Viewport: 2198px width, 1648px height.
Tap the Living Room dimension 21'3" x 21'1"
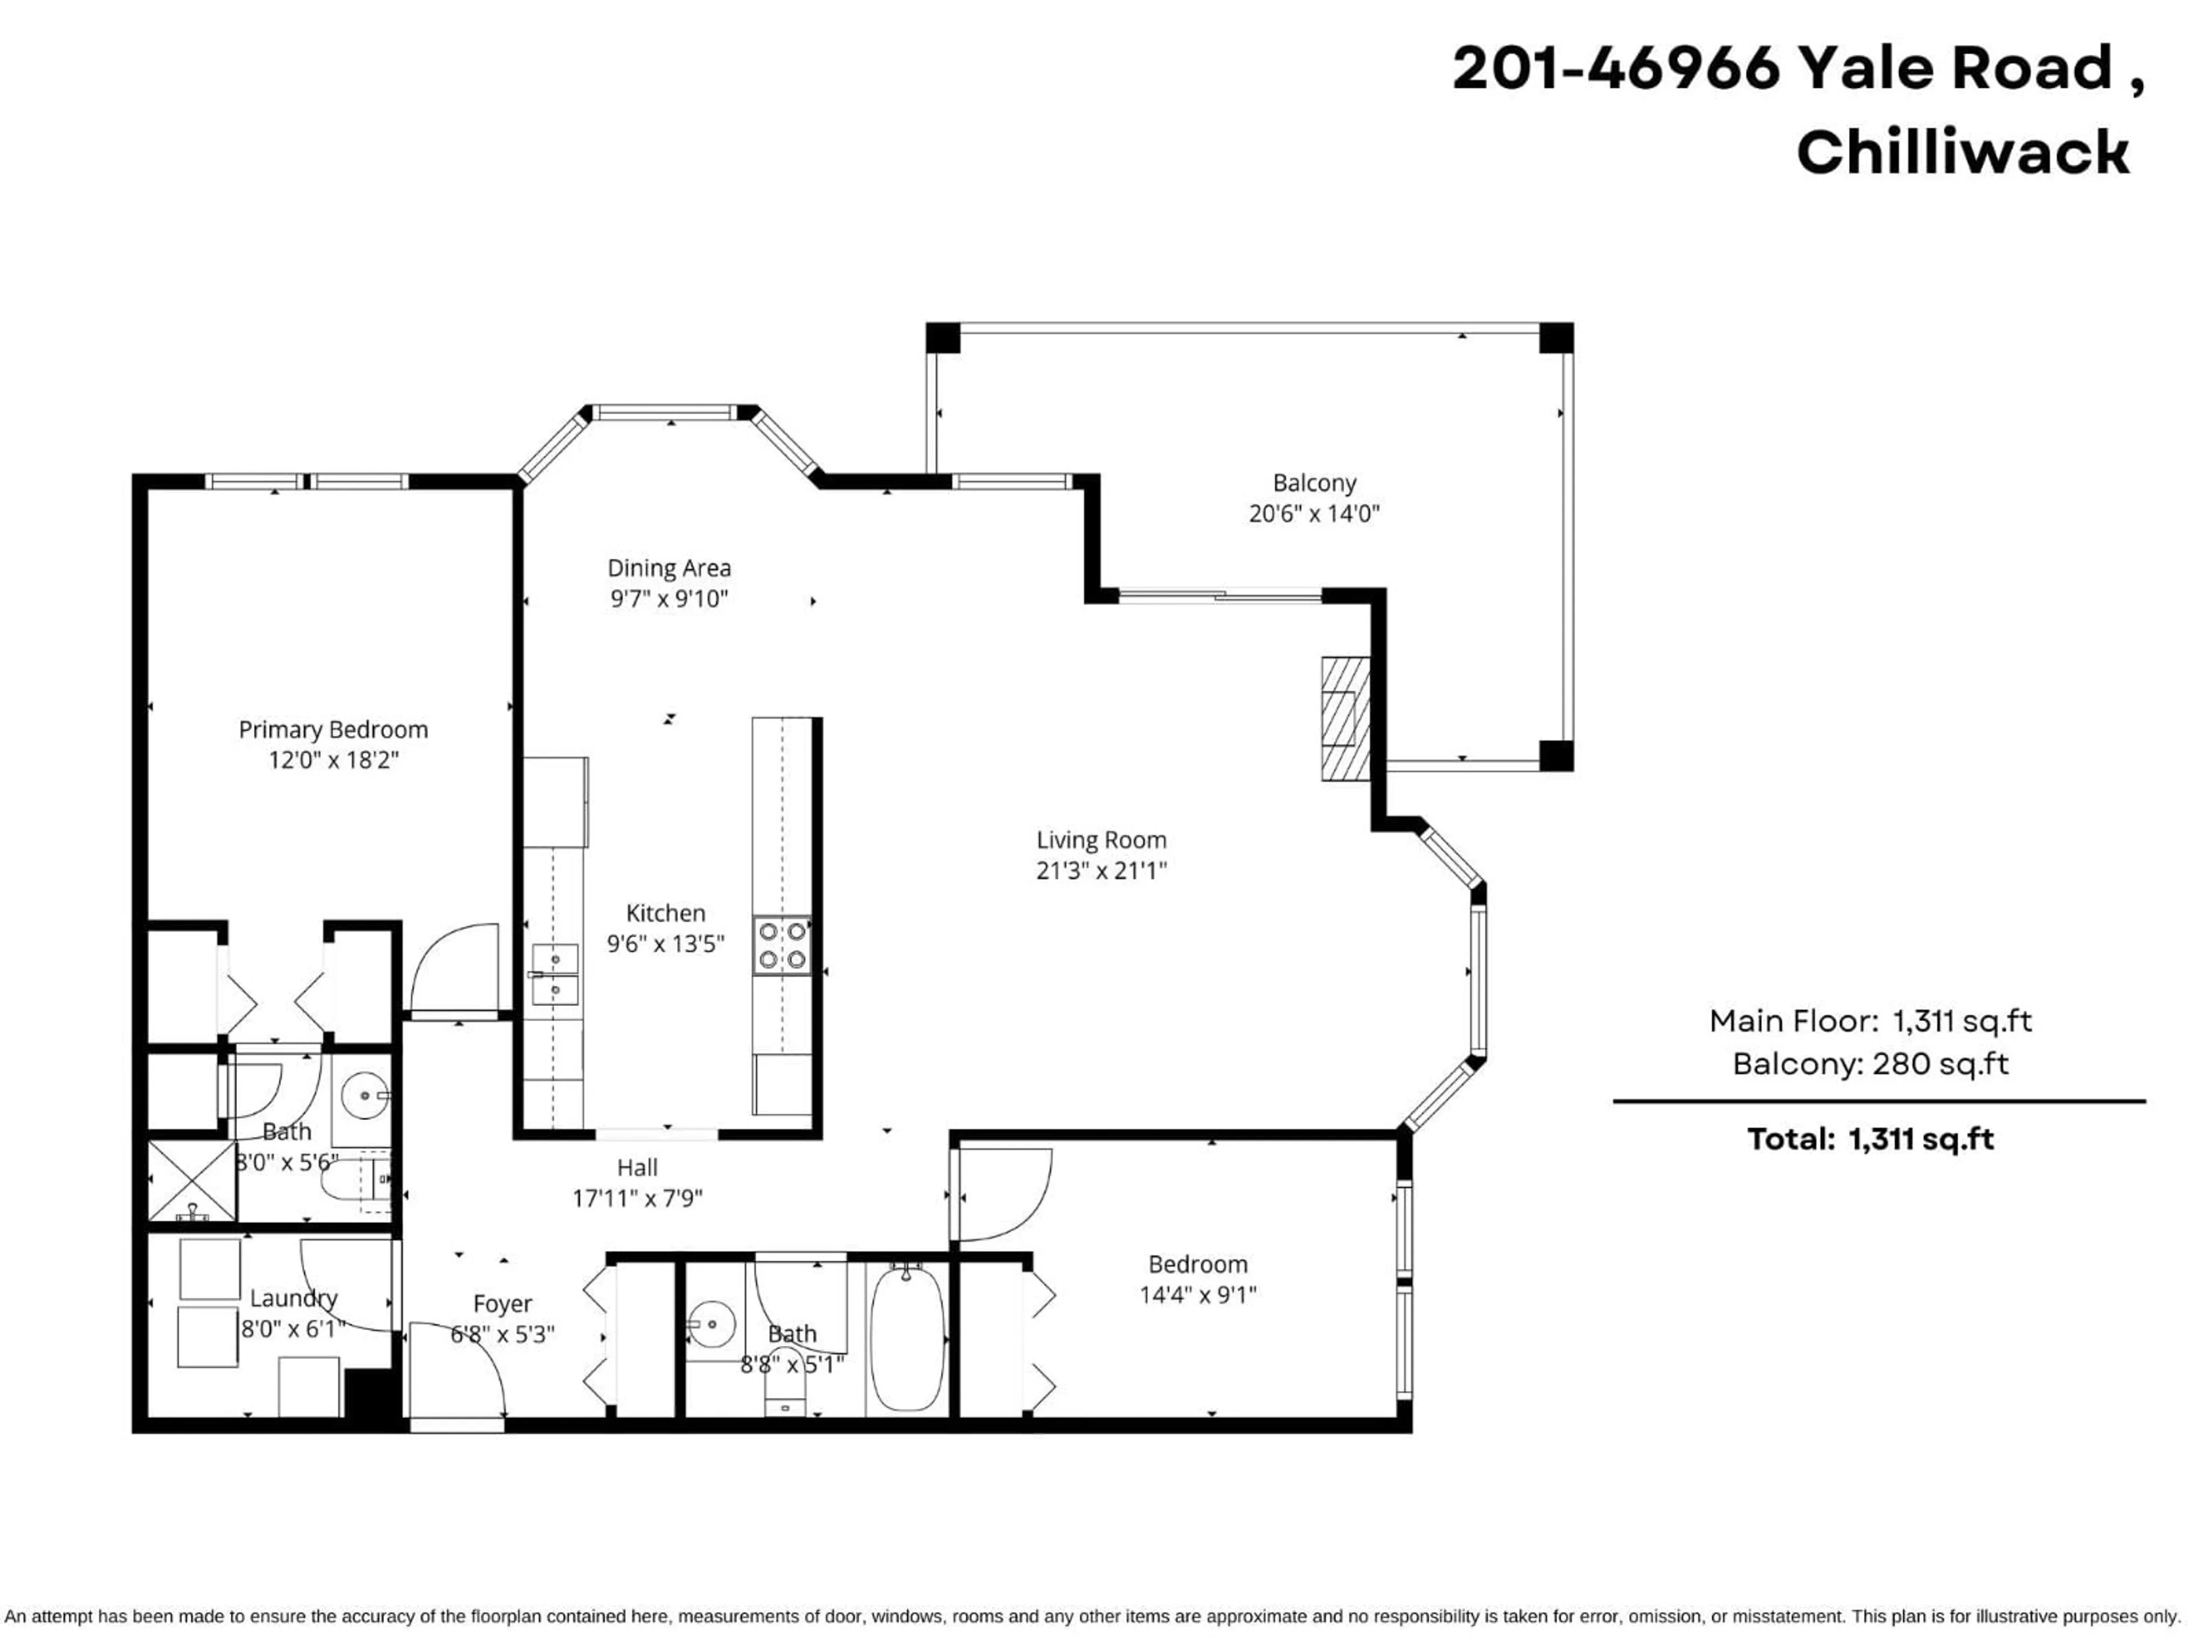tap(1101, 871)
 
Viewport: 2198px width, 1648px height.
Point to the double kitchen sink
tap(555, 974)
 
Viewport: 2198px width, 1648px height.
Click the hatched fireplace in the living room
tap(1345, 718)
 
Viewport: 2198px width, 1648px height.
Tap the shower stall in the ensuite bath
tap(192, 1180)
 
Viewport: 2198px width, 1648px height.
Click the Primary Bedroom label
tap(333, 730)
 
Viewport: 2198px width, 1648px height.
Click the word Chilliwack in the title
tap(1963, 154)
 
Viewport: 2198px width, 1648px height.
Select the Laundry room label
tap(293, 1298)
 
